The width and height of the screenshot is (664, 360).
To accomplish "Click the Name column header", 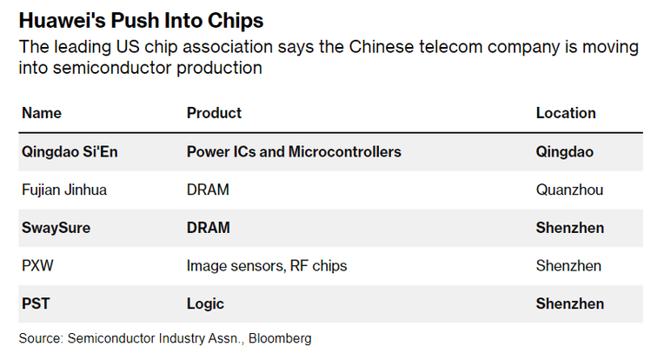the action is coord(42,113).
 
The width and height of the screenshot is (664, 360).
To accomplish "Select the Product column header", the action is coord(214,113).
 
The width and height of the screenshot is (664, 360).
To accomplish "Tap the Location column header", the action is coord(566,113).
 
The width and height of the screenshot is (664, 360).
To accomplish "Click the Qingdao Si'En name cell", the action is coord(70,152).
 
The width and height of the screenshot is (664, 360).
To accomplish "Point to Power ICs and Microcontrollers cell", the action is coord(294,151).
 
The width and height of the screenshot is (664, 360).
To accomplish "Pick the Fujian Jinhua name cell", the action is coord(64,190).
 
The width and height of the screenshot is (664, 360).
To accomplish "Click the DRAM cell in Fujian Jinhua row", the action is coord(208,190).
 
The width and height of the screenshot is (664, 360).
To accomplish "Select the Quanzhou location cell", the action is coord(569,190).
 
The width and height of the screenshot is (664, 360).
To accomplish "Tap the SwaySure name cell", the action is coord(56,228).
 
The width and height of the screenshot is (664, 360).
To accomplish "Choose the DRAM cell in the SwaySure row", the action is coord(209,228).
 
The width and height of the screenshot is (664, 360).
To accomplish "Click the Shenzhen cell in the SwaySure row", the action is coord(570,228).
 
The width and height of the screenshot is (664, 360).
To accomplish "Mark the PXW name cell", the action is coord(37,266).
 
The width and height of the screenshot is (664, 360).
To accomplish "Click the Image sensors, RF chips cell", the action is coord(267,266).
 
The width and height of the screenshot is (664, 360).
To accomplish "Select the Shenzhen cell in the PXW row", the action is coord(568,266).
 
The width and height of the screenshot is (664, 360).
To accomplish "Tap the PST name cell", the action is coord(36,303).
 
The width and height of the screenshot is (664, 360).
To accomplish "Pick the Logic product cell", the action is coord(205,304).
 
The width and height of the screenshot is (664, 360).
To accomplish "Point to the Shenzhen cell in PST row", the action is coord(570,303).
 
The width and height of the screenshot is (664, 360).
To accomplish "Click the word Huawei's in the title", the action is coord(62,20).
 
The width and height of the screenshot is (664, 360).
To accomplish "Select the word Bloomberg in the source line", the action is coord(280,338).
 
